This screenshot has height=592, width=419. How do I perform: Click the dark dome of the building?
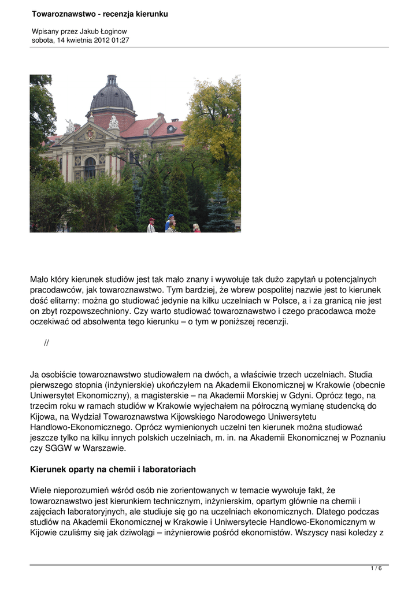coord(112,97)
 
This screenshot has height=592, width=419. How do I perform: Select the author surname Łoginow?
coord(113,31)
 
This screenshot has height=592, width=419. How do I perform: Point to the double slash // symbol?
coord(46,343)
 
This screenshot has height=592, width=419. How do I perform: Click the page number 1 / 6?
coord(376,568)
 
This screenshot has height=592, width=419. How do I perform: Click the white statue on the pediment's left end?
coord(70,125)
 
